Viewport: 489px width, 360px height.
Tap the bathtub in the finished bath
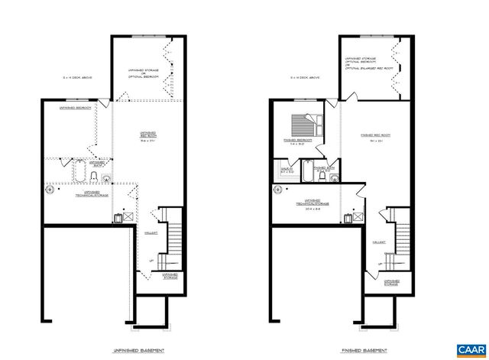point(306,173)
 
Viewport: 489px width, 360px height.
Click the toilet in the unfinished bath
point(93,178)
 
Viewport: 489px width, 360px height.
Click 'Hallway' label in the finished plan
point(377,242)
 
